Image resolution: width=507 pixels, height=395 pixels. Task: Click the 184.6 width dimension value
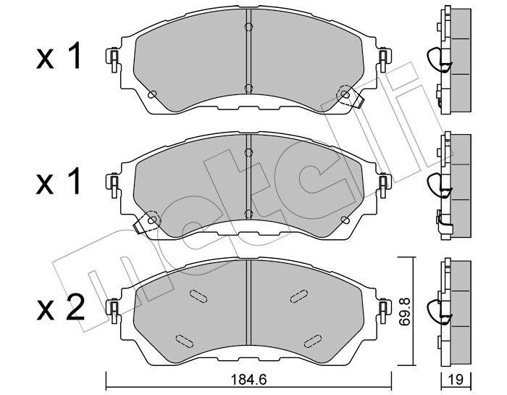(248, 379)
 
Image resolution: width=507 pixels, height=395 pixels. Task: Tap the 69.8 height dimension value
(404, 312)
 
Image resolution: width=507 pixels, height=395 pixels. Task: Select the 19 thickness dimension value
(456, 380)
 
